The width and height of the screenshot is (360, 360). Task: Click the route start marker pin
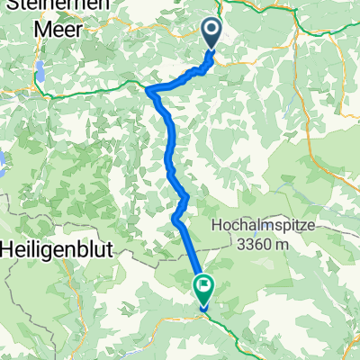[211, 34]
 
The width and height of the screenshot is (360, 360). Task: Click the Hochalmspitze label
[268, 225]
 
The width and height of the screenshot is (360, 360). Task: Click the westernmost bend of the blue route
[148, 88]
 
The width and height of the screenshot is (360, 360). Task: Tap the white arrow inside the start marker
[211, 31]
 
